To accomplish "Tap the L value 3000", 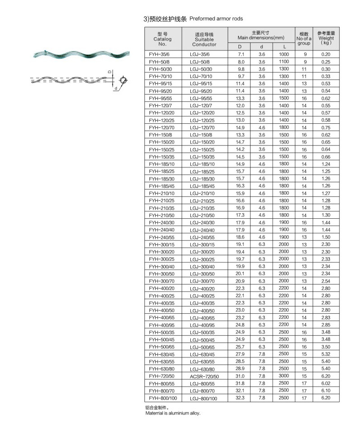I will tap(283, 376).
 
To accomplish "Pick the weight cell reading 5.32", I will tap(326, 354).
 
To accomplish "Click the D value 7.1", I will tap(241, 54).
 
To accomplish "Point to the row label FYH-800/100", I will tap(162, 398).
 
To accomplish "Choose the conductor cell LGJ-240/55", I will tap(202, 237).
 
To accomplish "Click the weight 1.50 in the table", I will tap(326, 237).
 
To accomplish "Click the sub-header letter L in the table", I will tap(284, 47).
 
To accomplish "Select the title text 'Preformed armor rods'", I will tap(216, 19).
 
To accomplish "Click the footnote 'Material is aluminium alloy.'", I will tap(172, 413).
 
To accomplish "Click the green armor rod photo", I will tap(73, 54).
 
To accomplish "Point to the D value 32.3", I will tap(241, 398).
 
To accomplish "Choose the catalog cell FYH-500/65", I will tap(161, 347).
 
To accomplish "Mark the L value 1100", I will tap(283, 61).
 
